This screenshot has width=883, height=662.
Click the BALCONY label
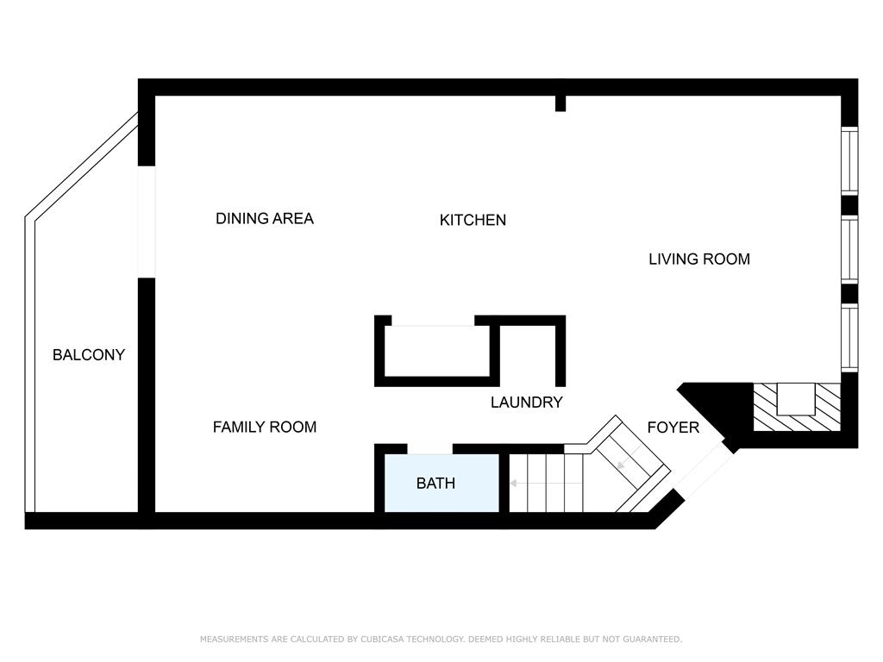coord(89,354)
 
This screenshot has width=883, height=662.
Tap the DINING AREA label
coord(265,218)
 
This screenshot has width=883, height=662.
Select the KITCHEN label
coord(473,220)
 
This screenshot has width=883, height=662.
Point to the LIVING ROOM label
coord(699,259)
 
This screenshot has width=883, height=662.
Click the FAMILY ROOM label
coord(265,427)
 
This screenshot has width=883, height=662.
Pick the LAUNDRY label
coord(527,402)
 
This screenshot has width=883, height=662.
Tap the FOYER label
coord(673,428)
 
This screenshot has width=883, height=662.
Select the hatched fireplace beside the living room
coord(797,407)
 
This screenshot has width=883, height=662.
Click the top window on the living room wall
coord(849,161)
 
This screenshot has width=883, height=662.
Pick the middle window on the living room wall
coord(849,248)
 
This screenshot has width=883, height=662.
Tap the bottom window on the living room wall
coord(849,337)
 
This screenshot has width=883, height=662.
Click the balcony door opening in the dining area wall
coord(147,222)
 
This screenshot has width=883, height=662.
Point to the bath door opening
coord(429,448)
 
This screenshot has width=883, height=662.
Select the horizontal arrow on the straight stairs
coord(546,483)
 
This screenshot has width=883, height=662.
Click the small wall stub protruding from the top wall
coord(560,103)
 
